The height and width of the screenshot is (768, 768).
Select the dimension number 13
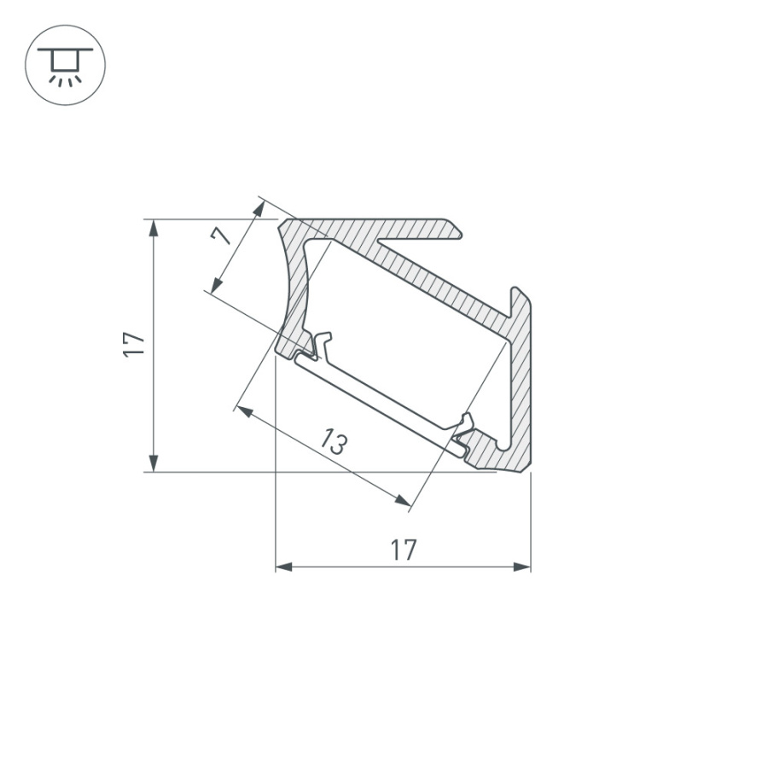coord(334,442)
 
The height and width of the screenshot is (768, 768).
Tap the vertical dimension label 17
coord(134,344)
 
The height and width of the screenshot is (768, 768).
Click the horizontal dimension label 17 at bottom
coord(404,550)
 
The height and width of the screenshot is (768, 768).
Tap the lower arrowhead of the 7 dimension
coord(214,287)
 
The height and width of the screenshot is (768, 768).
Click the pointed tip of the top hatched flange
coord(461,230)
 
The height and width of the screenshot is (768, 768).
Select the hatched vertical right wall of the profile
coord(521,384)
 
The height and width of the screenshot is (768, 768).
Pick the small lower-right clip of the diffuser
coord(465,422)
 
